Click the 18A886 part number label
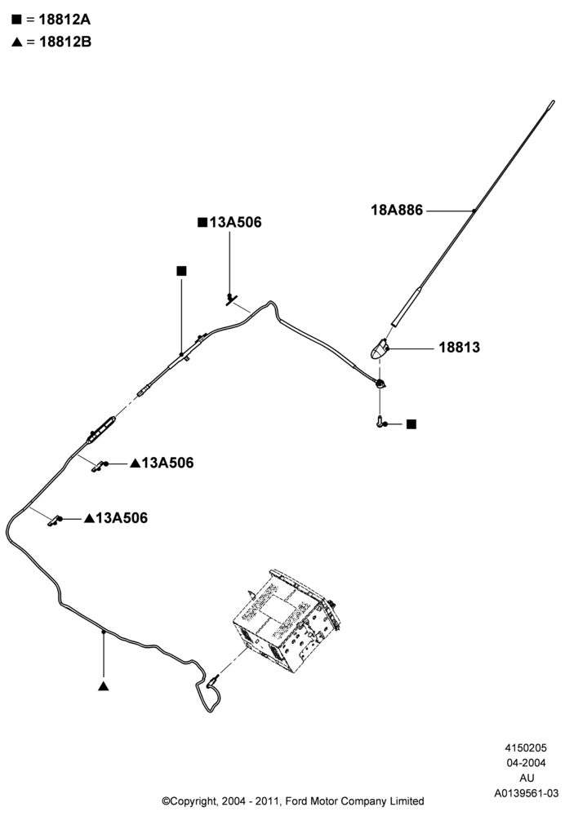pyautogui.click(x=397, y=211)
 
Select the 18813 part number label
pyautogui.click(x=460, y=347)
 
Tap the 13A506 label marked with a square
pyautogui.click(x=229, y=222)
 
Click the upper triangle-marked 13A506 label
pyautogui.click(x=162, y=463)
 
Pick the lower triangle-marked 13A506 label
pyautogui.click(x=116, y=518)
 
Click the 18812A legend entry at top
pyautogui.click(x=51, y=20)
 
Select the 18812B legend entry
pyautogui.click(x=51, y=42)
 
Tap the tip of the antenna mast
pyautogui.click(x=553, y=102)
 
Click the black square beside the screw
pyautogui.click(x=412, y=424)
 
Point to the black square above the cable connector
pyautogui.click(x=181, y=271)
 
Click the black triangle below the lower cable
pyautogui.click(x=103, y=686)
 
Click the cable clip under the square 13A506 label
pyautogui.click(x=231, y=299)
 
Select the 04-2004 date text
pyautogui.click(x=527, y=763)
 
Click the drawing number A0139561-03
pyautogui.click(x=527, y=793)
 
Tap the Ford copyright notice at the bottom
pyautogui.click(x=292, y=801)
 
